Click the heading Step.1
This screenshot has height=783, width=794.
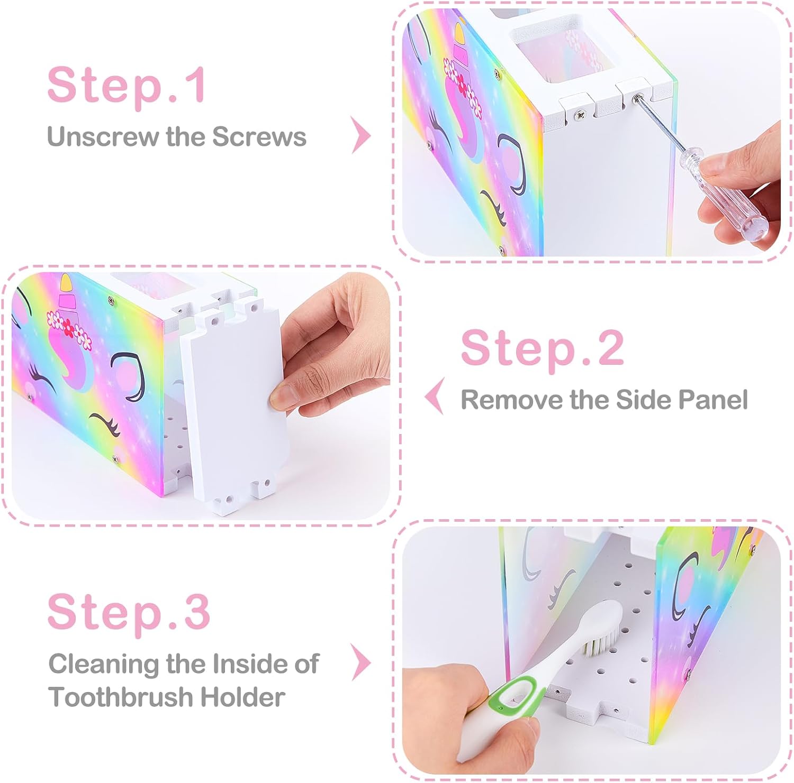click(127, 85)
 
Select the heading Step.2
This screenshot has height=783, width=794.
click(543, 347)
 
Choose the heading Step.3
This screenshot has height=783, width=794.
click(129, 612)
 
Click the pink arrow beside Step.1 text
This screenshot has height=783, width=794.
click(362, 135)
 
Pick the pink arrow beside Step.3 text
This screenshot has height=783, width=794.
click(362, 662)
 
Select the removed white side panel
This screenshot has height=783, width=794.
click(236, 404)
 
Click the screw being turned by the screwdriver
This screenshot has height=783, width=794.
click(639, 98)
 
